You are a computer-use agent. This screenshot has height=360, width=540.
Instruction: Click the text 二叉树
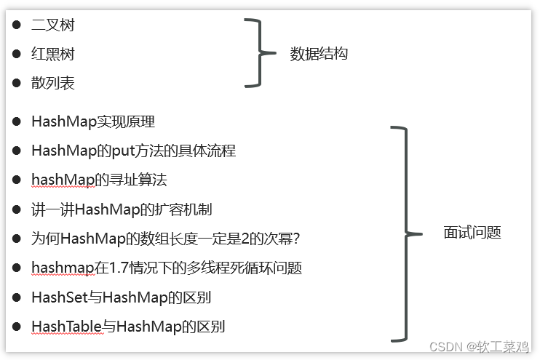[53, 25]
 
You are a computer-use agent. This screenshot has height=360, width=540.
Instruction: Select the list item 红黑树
[53, 55]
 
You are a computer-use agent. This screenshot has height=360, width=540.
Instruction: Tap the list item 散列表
[53, 84]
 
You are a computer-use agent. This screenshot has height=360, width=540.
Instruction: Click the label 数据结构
[319, 54]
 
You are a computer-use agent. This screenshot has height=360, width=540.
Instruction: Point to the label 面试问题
[472, 233]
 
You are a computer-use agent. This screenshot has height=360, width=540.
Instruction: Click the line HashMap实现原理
[93, 121]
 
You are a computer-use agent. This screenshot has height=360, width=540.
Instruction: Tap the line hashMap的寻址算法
[100, 180]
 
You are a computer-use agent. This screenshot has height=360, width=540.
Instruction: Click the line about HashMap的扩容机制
[122, 210]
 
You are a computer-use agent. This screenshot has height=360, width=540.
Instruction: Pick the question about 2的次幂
[166, 239]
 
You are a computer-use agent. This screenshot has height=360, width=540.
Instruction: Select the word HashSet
[58, 297]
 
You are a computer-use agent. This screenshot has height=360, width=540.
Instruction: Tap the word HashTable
[65, 327]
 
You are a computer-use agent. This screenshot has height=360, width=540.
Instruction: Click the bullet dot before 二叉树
[16, 25]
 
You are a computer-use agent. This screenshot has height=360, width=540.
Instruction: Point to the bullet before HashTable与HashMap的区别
[16, 327]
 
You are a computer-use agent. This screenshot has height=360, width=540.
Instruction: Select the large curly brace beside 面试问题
[405, 233]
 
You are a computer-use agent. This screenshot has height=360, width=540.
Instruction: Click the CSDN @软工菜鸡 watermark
[480, 347]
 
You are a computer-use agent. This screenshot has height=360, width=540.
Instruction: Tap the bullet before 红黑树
[16, 55]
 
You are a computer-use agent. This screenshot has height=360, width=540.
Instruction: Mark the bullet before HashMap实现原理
[16, 121]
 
